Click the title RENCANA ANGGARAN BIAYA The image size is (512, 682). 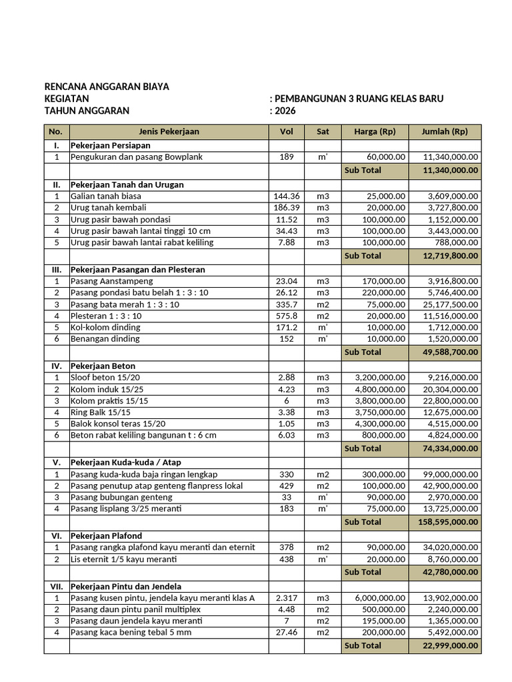107,87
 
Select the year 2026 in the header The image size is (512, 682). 285,111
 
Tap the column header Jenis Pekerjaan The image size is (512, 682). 169,131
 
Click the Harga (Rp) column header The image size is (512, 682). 375,131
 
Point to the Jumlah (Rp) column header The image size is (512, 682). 445,131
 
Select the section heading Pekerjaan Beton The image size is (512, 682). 103,366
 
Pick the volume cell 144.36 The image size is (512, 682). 287,196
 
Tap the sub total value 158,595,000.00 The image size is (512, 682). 447,521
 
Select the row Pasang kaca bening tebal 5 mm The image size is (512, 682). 131,632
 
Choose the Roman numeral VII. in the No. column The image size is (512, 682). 57,587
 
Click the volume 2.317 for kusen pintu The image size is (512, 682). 287,598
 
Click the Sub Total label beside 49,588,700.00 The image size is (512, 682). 363,352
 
